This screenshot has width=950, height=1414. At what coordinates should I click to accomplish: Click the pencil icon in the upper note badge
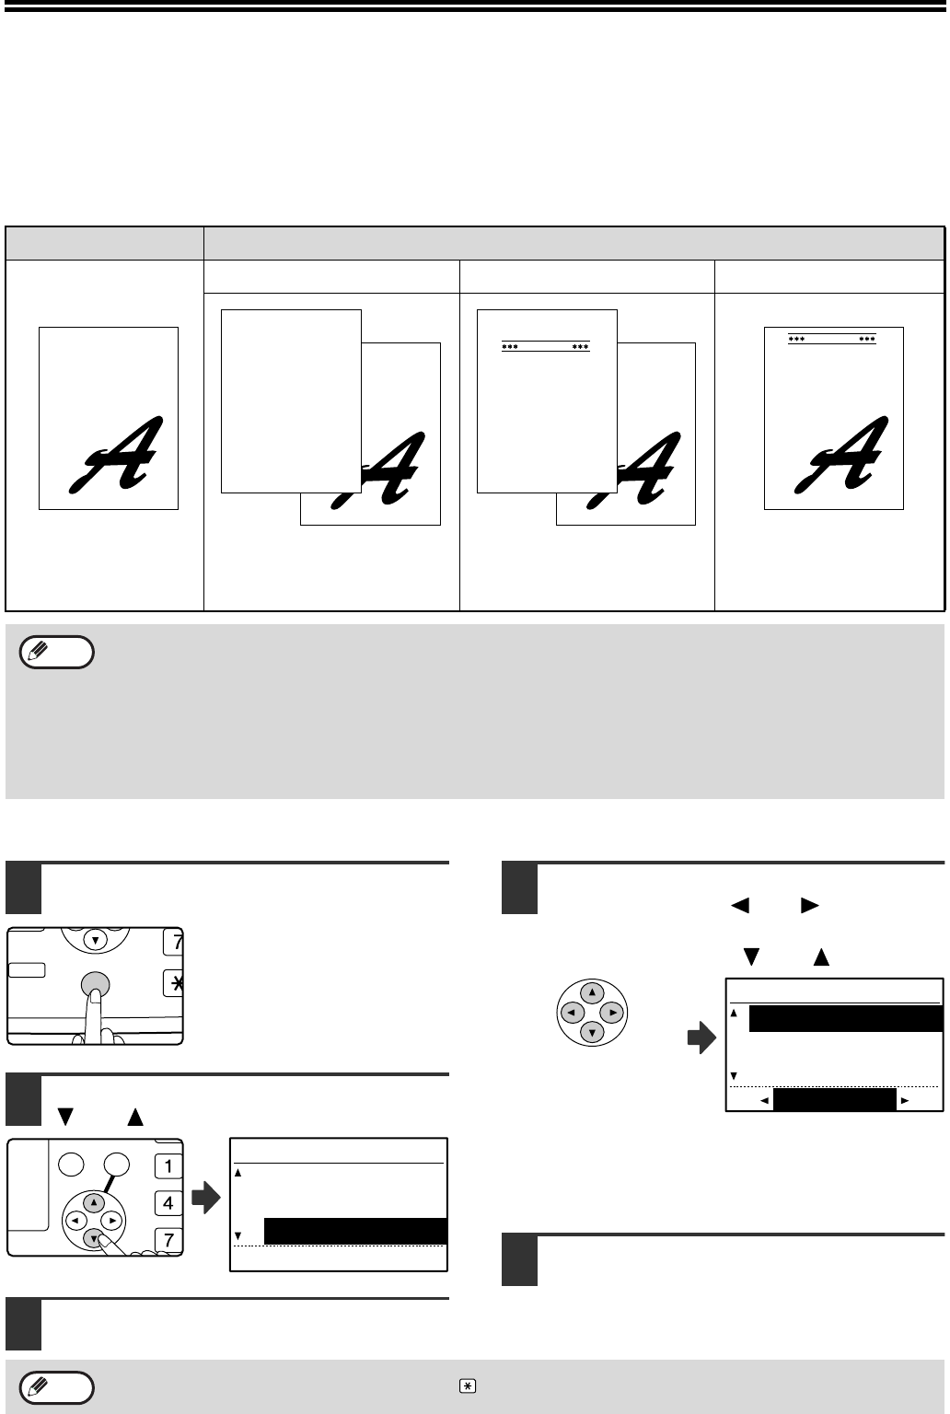[39, 651]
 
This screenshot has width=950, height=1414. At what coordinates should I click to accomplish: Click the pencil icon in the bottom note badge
[39, 1386]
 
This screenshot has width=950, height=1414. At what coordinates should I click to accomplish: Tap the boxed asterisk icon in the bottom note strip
[467, 1386]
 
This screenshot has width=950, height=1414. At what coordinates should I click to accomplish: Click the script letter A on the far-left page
[116, 455]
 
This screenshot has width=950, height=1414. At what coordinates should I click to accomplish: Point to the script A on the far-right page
[841, 455]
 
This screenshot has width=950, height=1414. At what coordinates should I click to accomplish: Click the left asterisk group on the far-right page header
[796, 339]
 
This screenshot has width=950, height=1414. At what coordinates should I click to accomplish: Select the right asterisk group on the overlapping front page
[580, 346]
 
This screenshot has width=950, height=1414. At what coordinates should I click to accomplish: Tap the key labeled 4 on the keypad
[168, 1202]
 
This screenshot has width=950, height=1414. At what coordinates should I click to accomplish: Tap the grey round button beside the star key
[96, 985]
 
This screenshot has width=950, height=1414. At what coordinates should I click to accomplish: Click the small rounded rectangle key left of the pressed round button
[27, 970]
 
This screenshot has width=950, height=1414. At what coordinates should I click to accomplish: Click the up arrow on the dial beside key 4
[93, 1202]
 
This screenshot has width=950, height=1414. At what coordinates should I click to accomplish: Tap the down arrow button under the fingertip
[93, 1238]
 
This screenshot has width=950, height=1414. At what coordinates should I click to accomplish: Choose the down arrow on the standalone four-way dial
[592, 1033]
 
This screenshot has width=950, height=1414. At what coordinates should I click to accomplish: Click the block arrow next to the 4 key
[206, 1197]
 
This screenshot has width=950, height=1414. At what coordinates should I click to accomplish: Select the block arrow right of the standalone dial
[702, 1037]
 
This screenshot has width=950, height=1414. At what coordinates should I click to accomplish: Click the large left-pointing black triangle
[740, 905]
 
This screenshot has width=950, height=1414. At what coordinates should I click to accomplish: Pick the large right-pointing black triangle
[810, 905]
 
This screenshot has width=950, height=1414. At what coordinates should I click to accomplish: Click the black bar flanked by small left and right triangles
[835, 1099]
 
